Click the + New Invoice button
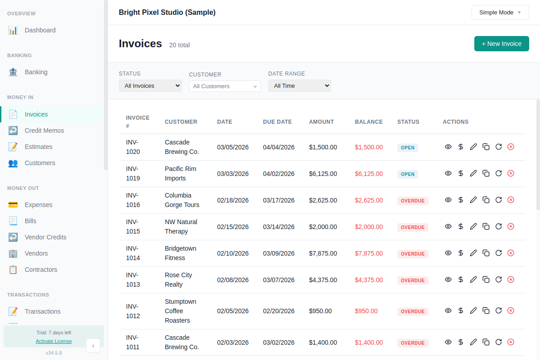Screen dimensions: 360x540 pos(501,44)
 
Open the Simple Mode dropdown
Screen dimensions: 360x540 pos(500,13)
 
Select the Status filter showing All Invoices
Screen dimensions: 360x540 pos(150,85)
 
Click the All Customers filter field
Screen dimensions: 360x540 pos(225,86)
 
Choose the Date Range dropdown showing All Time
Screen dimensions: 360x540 pos(299,85)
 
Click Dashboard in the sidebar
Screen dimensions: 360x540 pos(40,30)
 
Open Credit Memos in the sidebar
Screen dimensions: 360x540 pos(44,130)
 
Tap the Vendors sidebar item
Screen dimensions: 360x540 pos(36,253)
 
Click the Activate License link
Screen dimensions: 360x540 pos(54,341)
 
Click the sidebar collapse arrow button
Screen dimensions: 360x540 pos(93,346)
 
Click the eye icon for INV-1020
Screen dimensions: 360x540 pos(448,147)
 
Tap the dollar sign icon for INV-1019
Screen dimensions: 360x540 pos(461,173)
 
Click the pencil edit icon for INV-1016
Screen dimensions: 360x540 pos(473,200)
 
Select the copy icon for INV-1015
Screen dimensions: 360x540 pos(486,226)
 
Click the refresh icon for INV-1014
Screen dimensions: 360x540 pos(499,253)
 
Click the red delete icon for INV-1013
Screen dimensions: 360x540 pos(511,279)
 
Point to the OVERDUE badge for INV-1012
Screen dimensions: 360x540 pos(413,311)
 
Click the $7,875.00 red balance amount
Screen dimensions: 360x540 pos(369,253)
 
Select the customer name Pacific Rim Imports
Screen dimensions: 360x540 pos(180,173)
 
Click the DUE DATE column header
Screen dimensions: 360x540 pos(277,121)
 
